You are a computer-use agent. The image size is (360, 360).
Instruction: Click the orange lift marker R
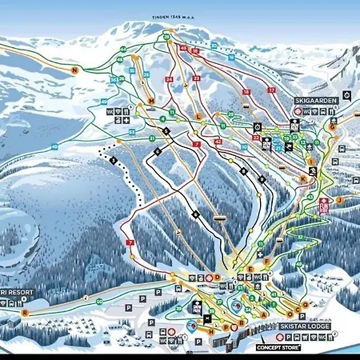[26, 313]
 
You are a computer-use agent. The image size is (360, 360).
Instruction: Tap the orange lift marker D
[216, 277]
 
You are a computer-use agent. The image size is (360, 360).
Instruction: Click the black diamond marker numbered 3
[113, 161]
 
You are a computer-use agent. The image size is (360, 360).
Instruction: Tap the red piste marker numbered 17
[270, 91]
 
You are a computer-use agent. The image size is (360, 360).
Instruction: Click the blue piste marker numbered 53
[133, 131]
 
